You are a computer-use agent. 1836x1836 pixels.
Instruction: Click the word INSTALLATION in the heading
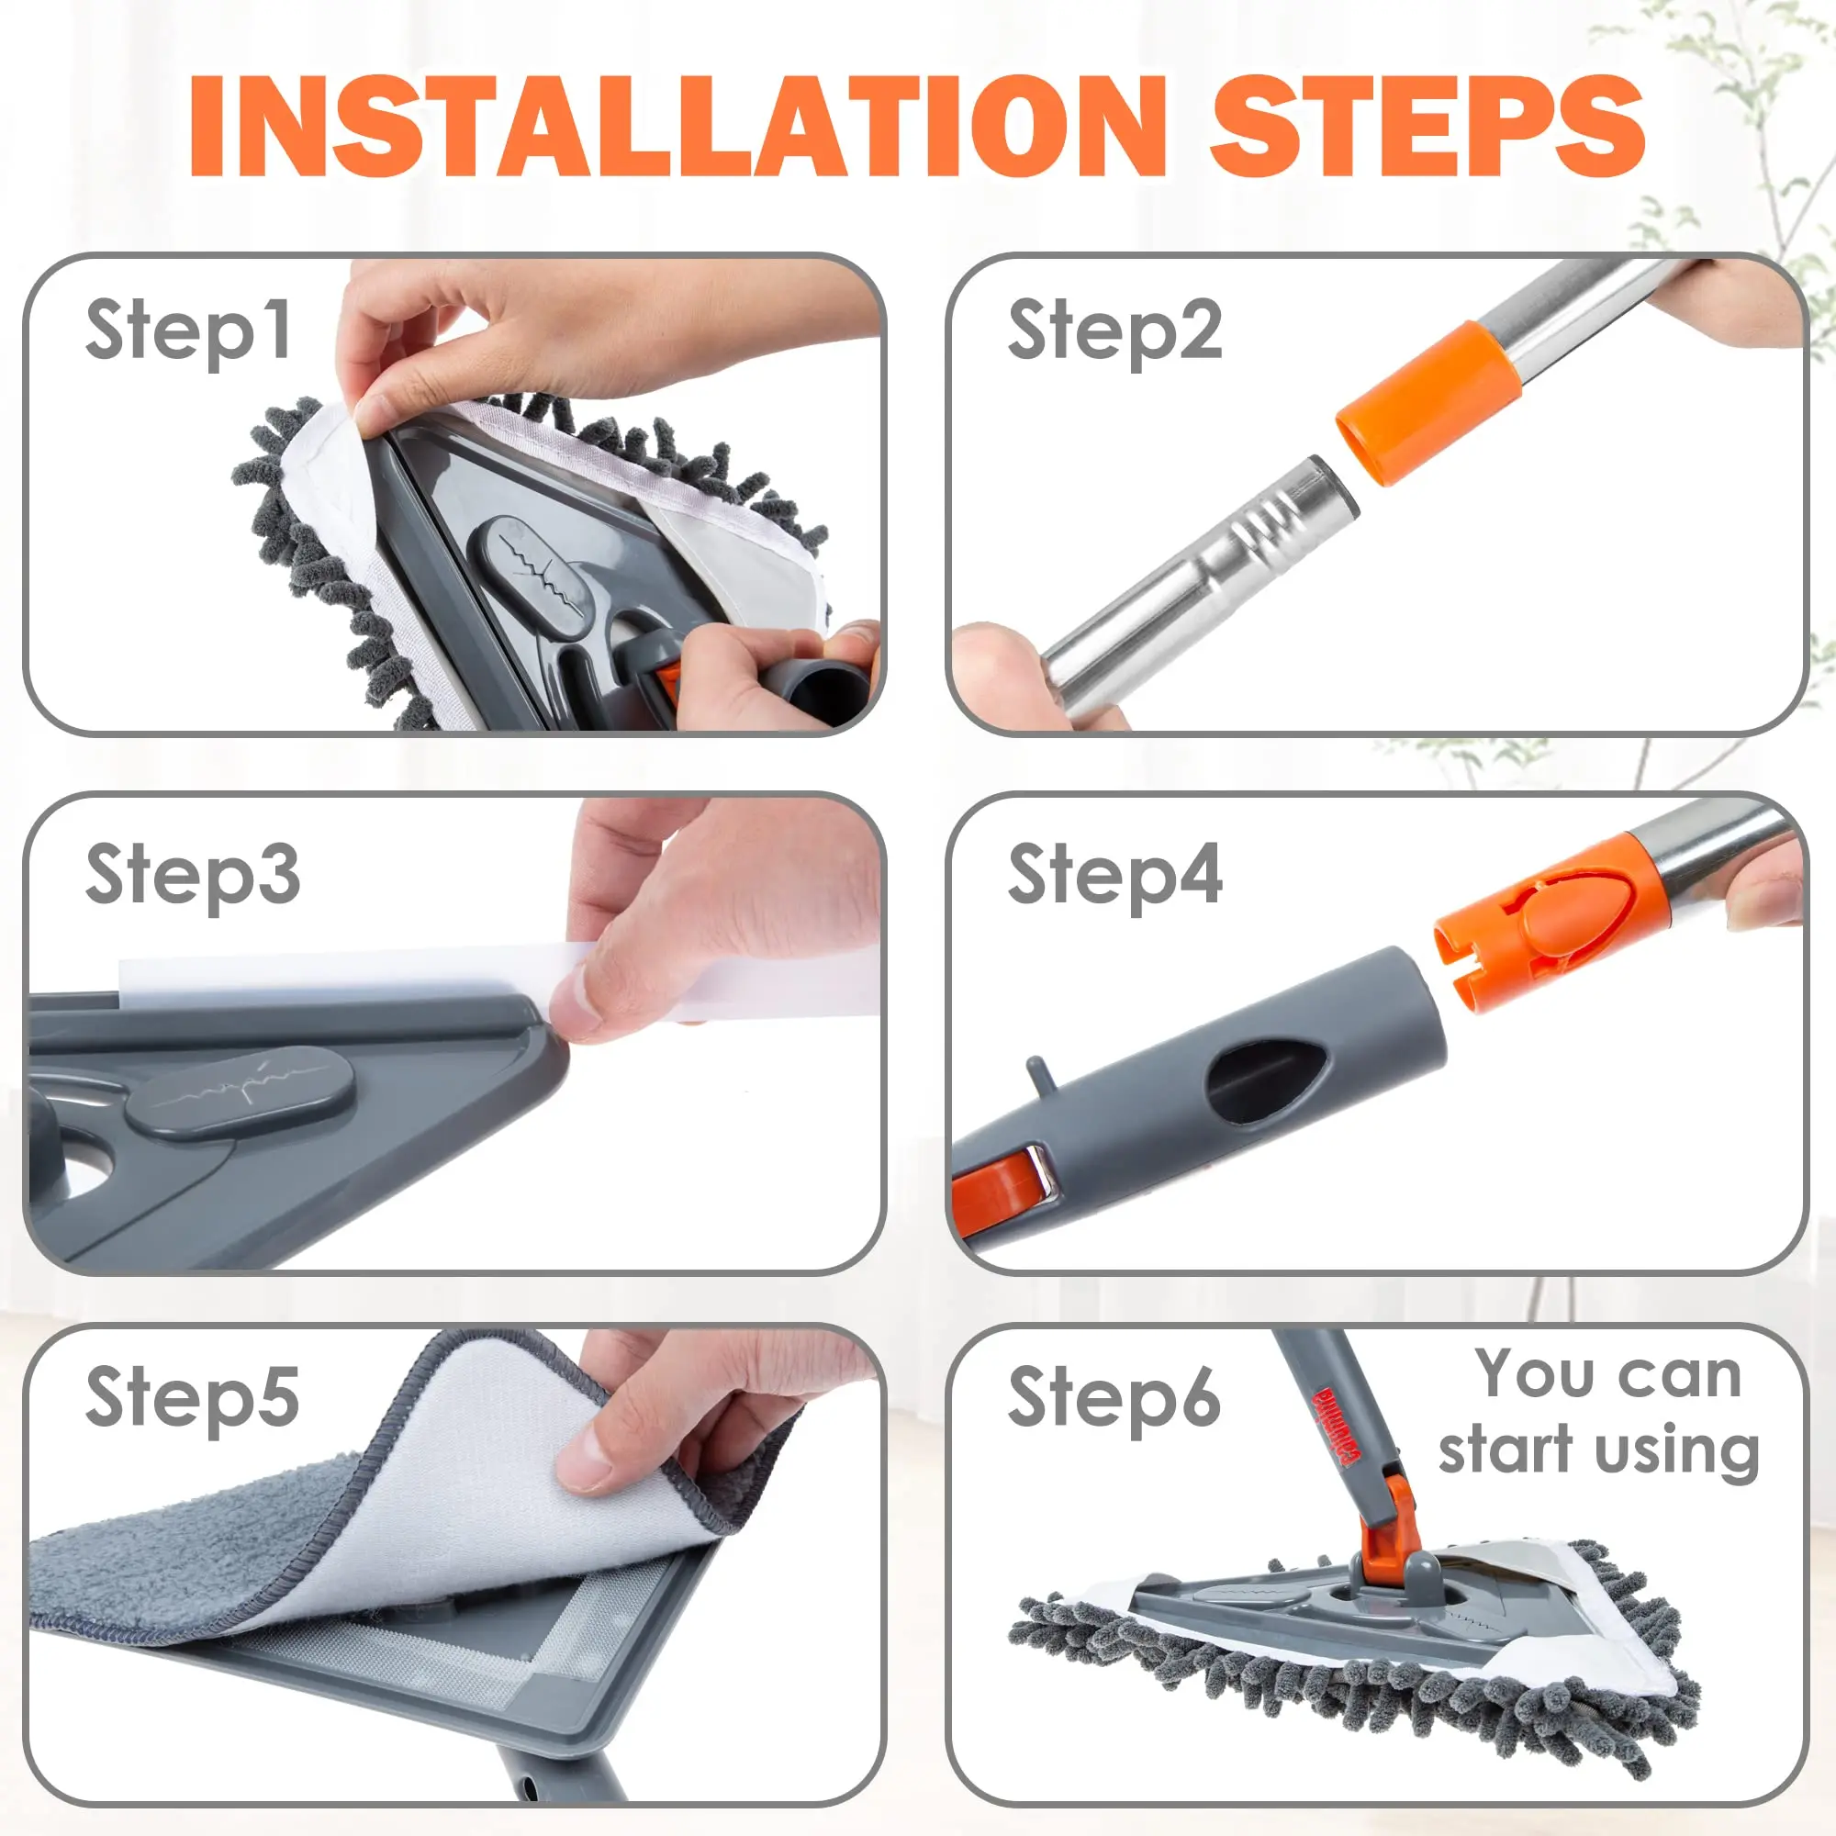point(677,128)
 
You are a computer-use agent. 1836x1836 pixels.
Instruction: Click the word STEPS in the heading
point(1427,128)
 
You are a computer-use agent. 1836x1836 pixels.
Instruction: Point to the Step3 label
point(193,875)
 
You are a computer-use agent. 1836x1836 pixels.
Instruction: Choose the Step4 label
point(1114,875)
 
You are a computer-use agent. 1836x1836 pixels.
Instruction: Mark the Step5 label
point(192,1398)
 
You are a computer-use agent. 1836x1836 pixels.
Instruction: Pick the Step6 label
point(1114,1397)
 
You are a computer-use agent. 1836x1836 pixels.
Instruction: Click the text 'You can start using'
point(1599,1413)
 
